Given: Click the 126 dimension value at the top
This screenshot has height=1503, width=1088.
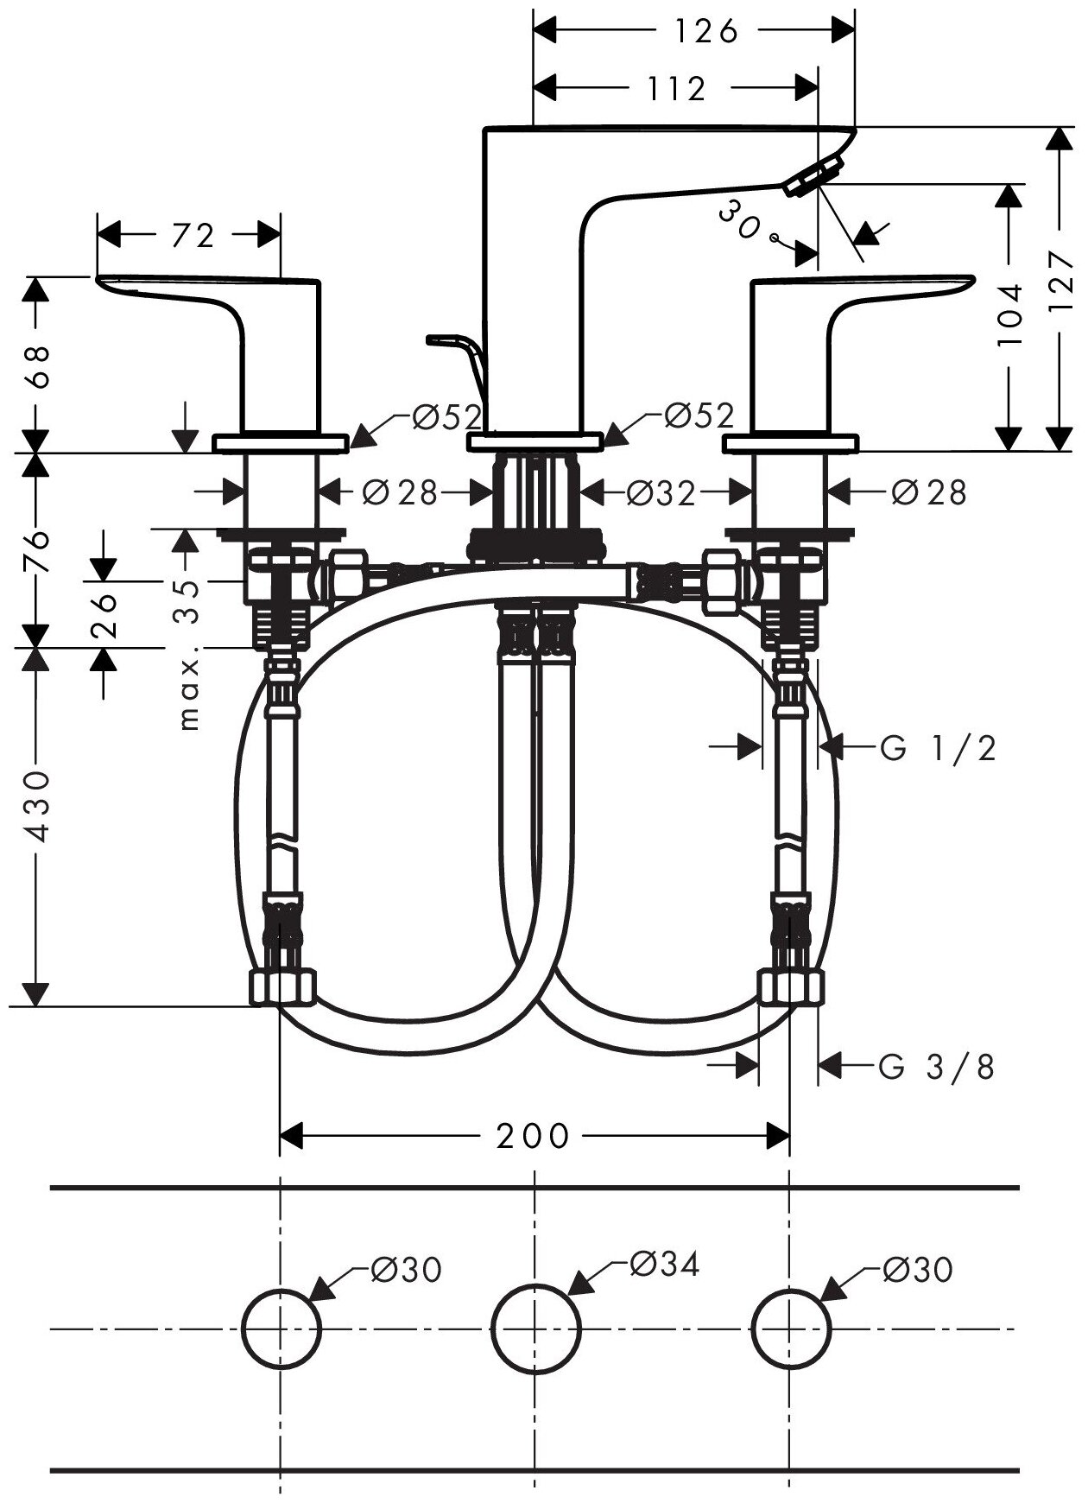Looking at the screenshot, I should tap(705, 31).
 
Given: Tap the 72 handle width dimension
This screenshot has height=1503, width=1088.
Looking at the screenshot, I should tap(192, 235).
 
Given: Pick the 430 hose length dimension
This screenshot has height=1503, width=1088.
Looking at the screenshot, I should tap(36, 807).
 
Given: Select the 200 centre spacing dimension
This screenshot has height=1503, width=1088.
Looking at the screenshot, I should tap(533, 1135).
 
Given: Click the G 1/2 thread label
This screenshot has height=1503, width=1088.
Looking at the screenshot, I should tap(939, 747).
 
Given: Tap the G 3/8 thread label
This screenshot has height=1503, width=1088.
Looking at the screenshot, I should tap(937, 1068).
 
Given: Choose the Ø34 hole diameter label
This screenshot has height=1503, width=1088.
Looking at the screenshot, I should tap(663, 1264).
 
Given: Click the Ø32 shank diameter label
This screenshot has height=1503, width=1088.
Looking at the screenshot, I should tap(661, 493).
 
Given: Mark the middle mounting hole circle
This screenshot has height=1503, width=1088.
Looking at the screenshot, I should tap(535, 1328).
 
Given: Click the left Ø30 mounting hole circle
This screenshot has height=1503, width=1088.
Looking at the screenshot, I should tap(281, 1328).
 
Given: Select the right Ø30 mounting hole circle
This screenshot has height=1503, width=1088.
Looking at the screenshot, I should tap(790, 1328).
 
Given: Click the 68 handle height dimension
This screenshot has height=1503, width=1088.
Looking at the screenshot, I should tap(36, 365).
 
